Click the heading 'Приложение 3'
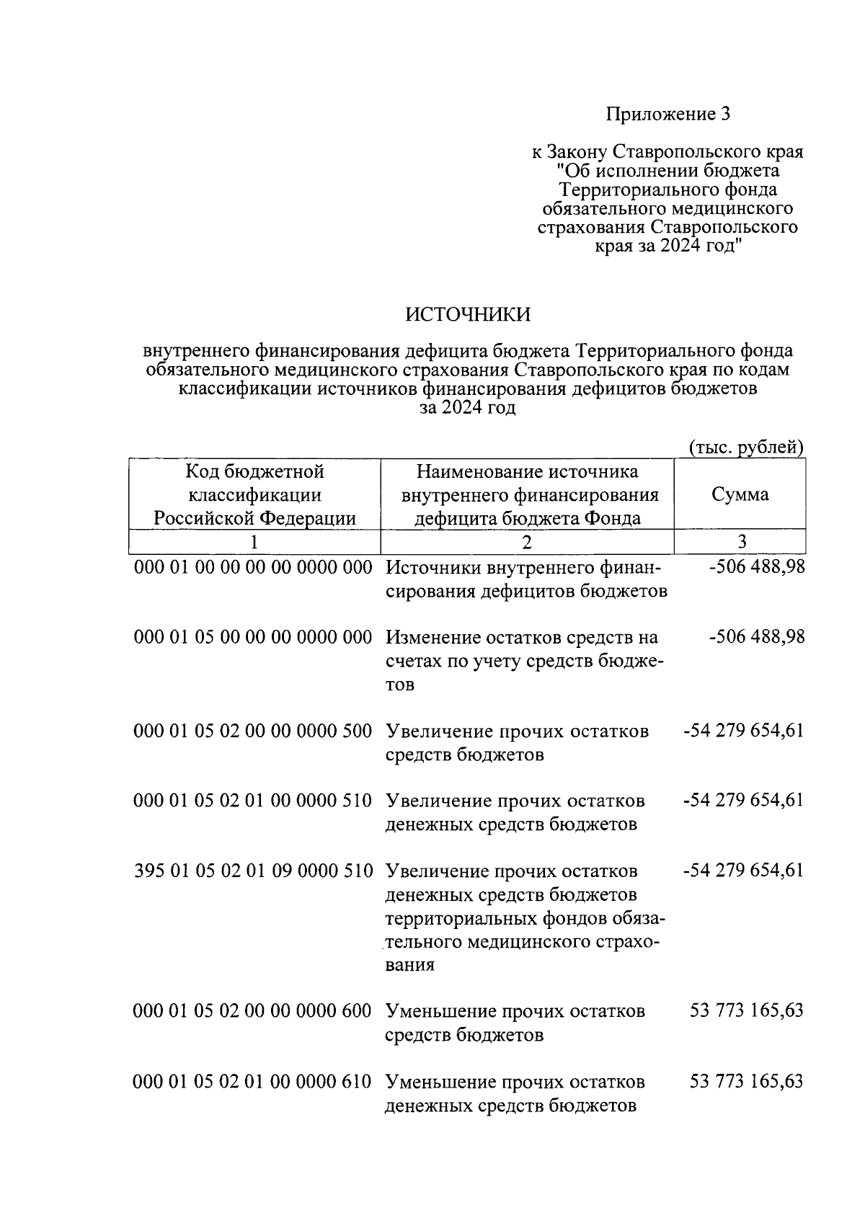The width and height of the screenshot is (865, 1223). (x=668, y=114)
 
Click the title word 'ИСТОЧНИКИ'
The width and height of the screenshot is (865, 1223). (x=468, y=315)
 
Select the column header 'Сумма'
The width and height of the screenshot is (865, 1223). (x=740, y=494)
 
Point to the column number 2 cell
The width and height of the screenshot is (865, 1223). (x=527, y=542)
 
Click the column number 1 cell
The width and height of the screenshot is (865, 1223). (x=254, y=542)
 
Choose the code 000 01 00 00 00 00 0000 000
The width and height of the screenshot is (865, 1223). (x=253, y=567)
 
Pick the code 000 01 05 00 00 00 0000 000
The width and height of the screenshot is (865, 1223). (x=253, y=637)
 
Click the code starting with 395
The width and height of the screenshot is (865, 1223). (x=253, y=871)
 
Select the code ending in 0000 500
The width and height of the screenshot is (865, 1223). (x=253, y=731)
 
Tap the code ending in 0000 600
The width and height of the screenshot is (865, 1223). (x=253, y=1011)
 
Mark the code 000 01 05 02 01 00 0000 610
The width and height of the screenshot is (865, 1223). (x=253, y=1082)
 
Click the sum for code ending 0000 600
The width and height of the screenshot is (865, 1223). (x=746, y=1011)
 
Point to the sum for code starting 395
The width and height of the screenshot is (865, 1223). (x=742, y=871)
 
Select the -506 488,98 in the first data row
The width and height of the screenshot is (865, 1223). (x=757, y=567)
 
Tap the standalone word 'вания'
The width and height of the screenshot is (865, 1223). (x=410, y=965)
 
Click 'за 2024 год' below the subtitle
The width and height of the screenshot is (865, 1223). (x=468, y=408)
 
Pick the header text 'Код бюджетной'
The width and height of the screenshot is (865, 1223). (x=254, y=471)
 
